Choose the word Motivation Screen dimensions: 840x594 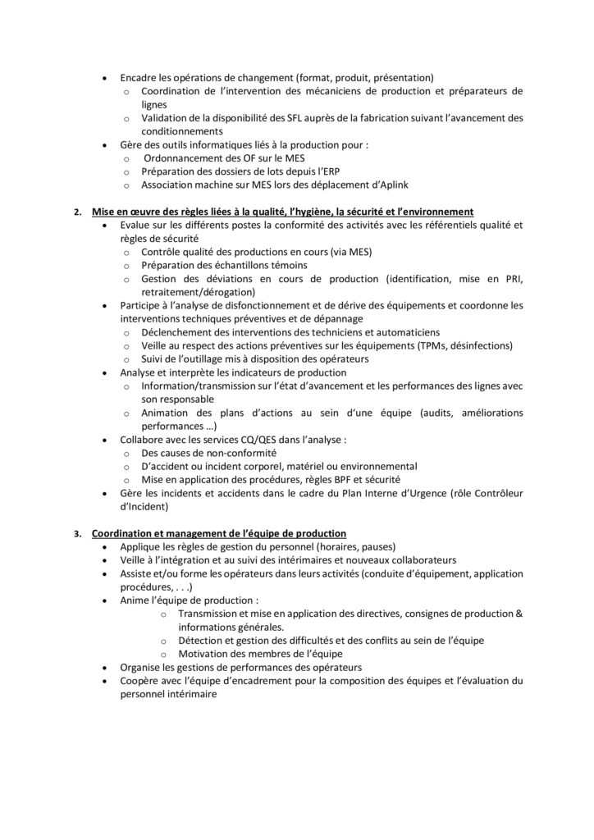pyautogui.click(x=207, y=654)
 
